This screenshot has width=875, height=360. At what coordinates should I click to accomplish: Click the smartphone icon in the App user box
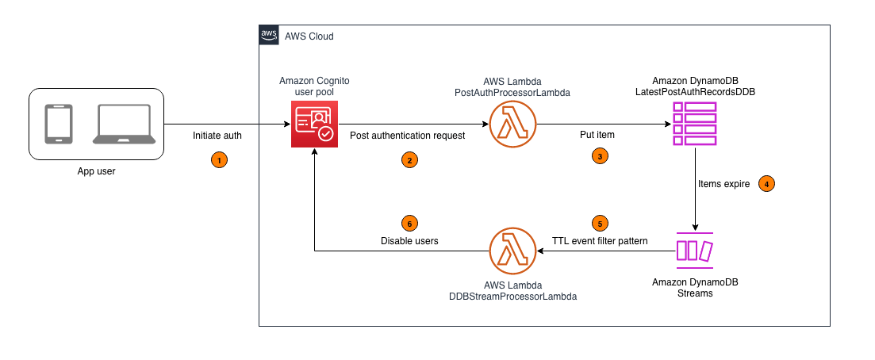click(x=59, y=124)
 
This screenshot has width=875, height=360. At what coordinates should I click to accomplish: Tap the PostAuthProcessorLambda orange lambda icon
click(x=512, y=124)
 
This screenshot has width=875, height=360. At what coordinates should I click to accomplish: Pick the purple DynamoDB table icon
click(x=694, y=124)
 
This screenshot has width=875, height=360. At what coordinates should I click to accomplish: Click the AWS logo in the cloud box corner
click(x=269, y=36)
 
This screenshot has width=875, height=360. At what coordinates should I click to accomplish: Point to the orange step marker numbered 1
click(x=217, y=160)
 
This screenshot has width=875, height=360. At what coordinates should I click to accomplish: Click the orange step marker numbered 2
click(x=409, y=160)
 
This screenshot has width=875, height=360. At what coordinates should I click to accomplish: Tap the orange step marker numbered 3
click(x=600, y=157)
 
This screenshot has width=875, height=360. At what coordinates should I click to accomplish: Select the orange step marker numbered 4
click(x=766, y=183)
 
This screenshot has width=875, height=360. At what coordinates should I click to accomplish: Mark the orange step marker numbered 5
click(x=600, y=223)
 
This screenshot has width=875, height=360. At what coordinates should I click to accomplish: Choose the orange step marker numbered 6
click(x=409, y=223)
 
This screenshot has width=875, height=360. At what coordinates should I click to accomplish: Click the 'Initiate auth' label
click(x=217, y=136)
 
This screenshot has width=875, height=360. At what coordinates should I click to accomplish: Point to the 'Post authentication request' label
click(x=408, y=136)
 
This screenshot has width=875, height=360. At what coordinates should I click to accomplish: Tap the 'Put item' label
click(x=600, y=136)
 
